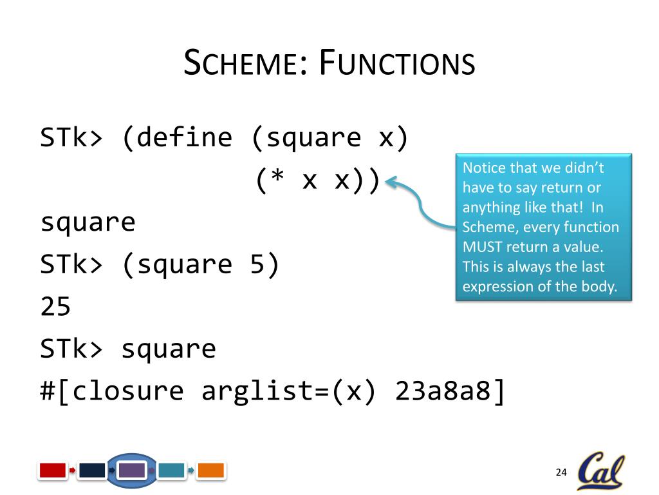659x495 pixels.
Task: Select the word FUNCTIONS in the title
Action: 397,64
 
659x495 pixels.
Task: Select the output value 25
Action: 55,307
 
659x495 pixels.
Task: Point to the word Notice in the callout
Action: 484,168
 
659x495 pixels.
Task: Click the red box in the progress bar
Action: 53,471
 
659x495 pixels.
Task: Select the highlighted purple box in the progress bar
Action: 133,471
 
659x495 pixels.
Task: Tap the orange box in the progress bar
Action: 210,471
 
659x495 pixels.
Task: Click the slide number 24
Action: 561,473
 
